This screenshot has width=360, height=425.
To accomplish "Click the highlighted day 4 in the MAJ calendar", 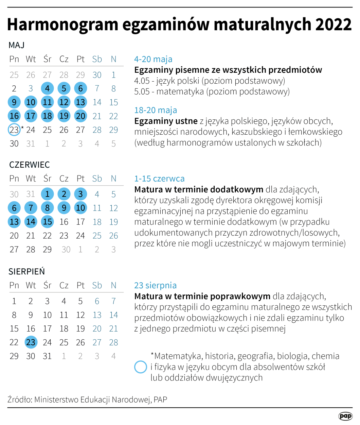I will click(47, 88).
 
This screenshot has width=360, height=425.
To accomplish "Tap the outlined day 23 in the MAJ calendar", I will click(14, 130).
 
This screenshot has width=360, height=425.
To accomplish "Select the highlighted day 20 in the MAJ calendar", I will click(80, 116).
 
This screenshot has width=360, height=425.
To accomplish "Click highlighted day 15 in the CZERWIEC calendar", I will click(47, 222).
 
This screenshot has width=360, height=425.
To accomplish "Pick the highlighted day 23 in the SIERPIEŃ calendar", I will click(31, 342).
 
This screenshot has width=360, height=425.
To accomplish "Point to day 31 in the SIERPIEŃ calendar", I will click(47, 356).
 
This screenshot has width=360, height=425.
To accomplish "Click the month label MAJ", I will click(16, 45).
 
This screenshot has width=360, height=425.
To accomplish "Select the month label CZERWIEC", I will click(30, 165).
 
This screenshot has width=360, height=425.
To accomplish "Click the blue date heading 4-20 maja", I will click(153, 59).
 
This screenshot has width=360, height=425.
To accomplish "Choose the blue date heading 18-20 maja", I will click(156, 110).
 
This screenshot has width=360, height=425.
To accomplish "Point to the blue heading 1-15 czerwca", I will click(159, 179).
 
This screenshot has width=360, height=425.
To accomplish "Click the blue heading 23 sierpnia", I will click(155, 285).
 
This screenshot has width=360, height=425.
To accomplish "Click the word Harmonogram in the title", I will click(62, 24).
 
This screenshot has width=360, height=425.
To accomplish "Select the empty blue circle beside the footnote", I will click(141, 367).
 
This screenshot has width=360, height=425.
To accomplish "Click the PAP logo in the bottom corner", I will click(345, 416).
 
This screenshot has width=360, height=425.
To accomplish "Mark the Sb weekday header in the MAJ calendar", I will click(97, 59).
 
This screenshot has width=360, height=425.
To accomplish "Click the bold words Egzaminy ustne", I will click(166, 121).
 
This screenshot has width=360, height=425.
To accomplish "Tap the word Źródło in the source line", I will click(19, 400).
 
